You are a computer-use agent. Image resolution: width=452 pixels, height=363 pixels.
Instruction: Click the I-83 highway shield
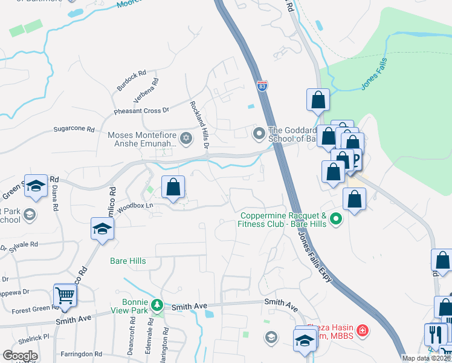[x=262, y=87]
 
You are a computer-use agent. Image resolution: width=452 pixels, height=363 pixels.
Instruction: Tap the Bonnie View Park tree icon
[x=157, y=304]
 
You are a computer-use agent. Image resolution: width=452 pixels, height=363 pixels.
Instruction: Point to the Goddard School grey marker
[x=259, y=132]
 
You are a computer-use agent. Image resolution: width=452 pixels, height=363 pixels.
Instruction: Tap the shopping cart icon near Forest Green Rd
[x=65, y=295]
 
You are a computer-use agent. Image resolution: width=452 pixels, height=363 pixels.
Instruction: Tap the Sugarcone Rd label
[x=74, y=129]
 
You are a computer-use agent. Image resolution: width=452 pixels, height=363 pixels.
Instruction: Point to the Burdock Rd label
[x=131, y=80]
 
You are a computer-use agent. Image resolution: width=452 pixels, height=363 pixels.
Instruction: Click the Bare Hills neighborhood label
[x=128, y=261]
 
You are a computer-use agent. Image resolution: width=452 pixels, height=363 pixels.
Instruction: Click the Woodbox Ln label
[x=134, y=206]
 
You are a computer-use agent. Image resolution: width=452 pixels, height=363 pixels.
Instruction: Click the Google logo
[x=20, y=356]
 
